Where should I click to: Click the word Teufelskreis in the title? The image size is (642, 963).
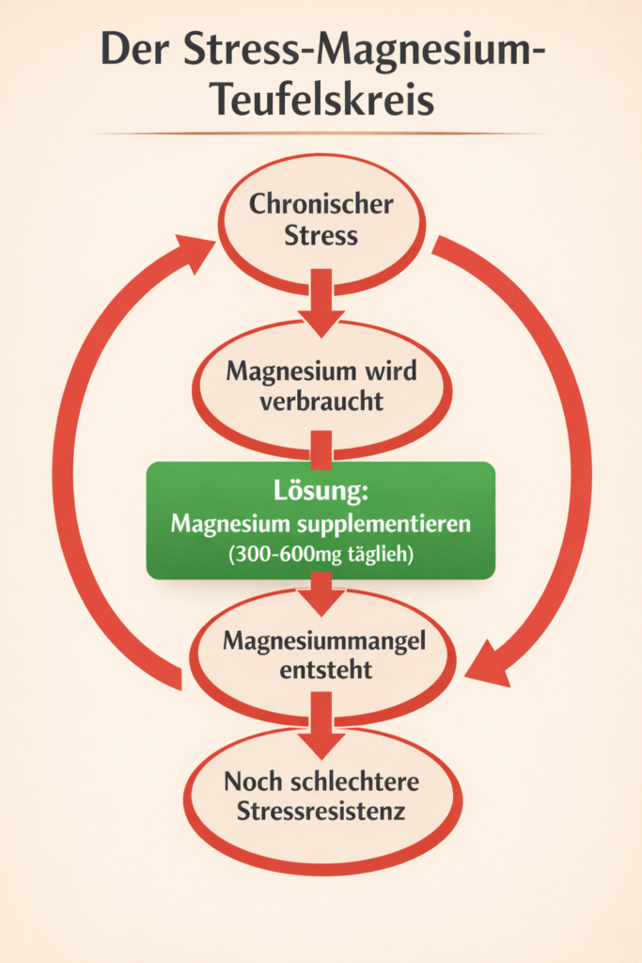[320, 98]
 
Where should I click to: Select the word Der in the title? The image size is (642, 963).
[130, 50]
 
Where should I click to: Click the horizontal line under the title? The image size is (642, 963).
[320, 134]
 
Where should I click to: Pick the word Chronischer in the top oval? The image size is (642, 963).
[321, 204]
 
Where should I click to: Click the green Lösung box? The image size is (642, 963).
[321, 554]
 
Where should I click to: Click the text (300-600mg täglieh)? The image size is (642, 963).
[321, 555]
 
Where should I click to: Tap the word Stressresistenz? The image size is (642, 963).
[321, 811]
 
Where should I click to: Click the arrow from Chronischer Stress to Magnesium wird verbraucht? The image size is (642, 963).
[321, 299]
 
